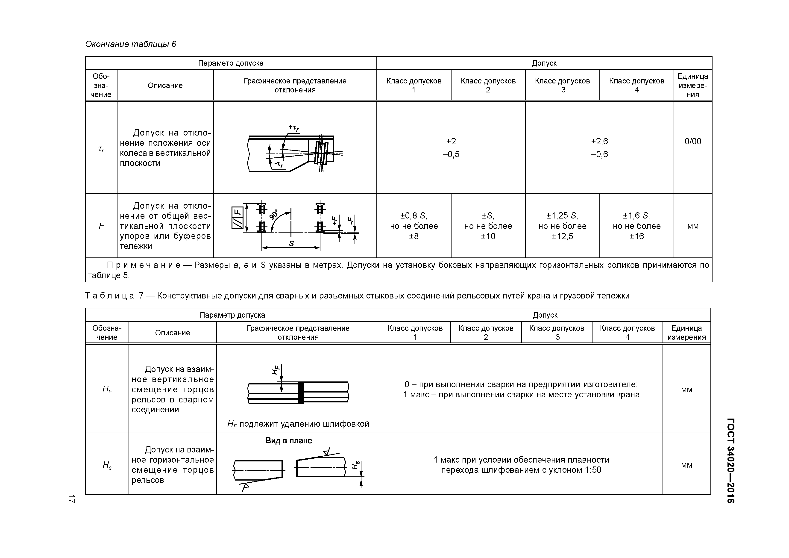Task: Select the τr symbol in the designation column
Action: point(101,149)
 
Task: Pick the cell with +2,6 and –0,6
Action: point(599,148)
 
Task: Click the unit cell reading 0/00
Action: point(692,141)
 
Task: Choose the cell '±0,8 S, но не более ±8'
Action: point(414,226)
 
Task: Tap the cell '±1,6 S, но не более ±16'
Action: point(636,226)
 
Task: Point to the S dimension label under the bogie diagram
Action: point(291,243)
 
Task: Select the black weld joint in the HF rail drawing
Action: point(301,393)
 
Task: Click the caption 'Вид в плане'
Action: point(289,441)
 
